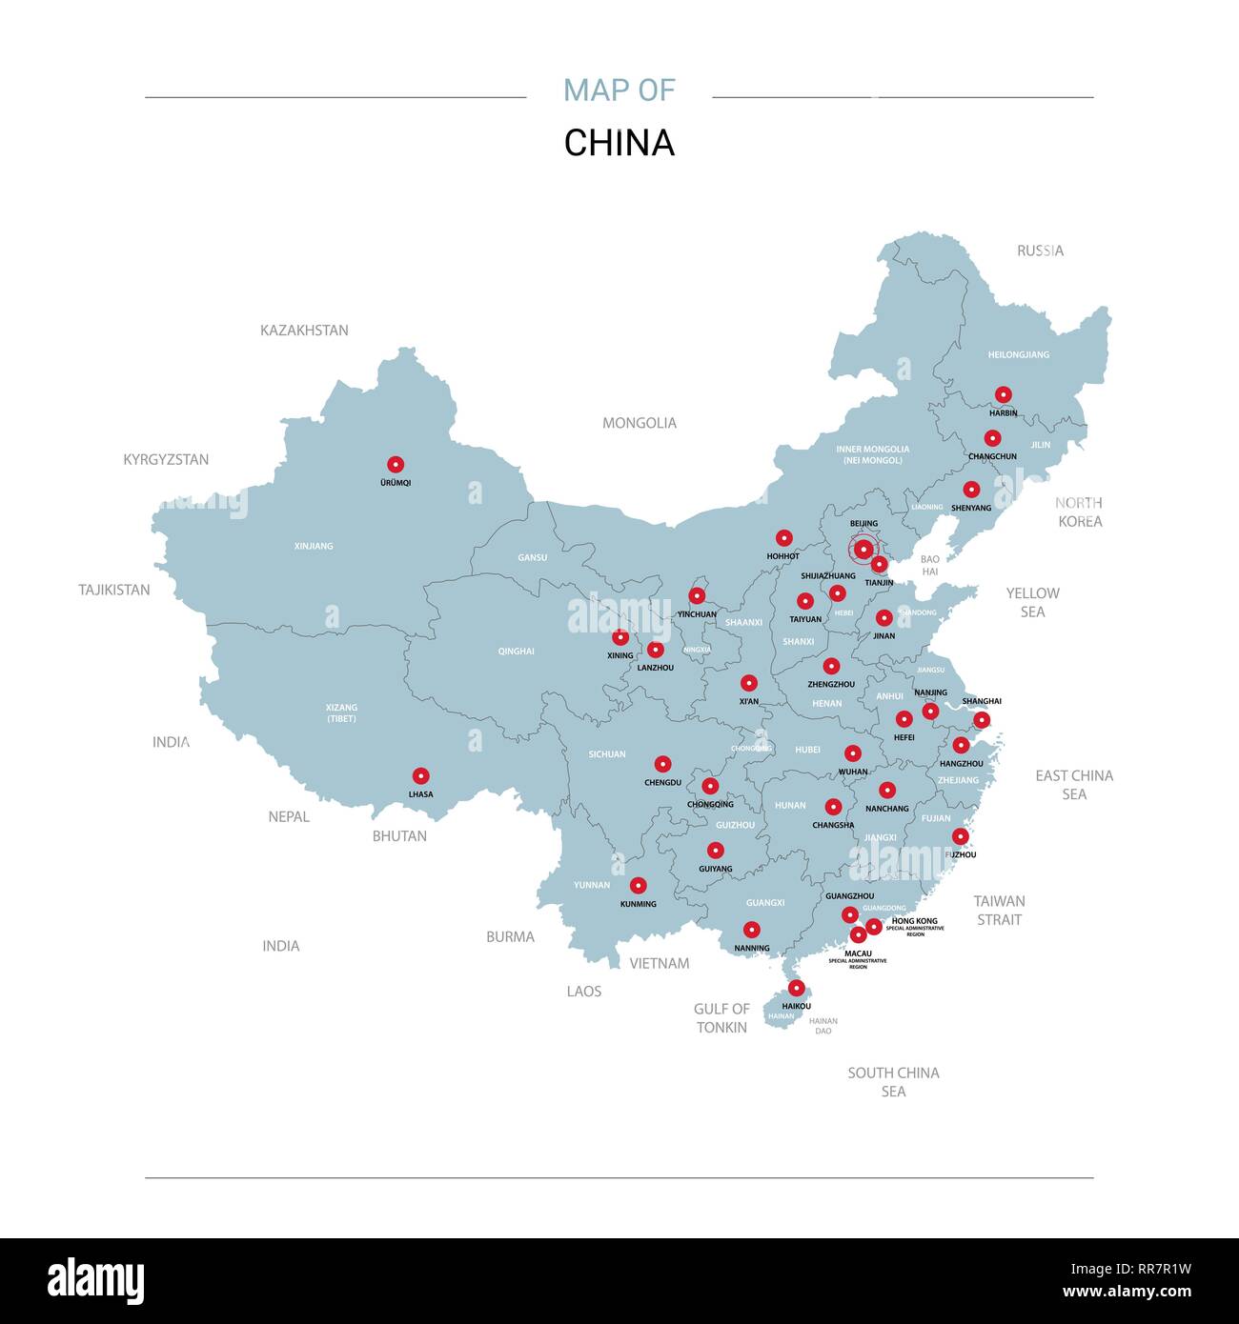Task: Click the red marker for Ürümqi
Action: (396, 465)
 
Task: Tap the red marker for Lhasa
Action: (420, 776)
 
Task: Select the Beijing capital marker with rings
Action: (863, 550)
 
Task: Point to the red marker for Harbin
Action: (1003, 394)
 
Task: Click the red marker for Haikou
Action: (796, 988)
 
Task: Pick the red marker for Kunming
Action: (638, 885)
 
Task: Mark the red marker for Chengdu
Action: (662, 764)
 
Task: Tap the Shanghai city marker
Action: (982, 719)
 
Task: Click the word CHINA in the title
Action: (619, 143)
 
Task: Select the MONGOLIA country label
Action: (639, 423)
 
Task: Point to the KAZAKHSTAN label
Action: (304, 331)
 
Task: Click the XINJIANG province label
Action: (314, 546)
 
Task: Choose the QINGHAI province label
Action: (516, 652)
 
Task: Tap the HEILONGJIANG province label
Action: (1018, 354)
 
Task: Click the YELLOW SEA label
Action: (1032, 602)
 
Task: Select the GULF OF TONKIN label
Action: (721, 1017)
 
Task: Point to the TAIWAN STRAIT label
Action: (999, 910)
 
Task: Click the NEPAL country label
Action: (288, 816)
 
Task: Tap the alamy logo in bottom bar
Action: (95, 1281)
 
